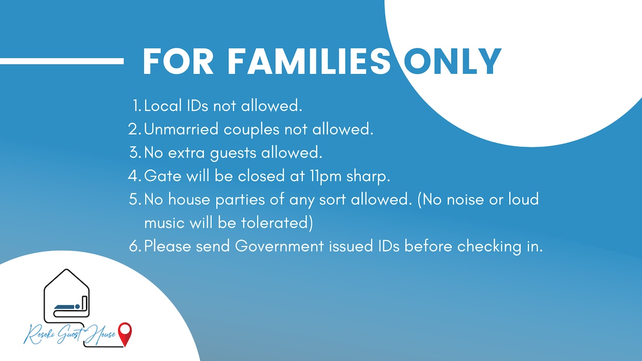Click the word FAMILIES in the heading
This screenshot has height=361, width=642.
(x=308, y=62)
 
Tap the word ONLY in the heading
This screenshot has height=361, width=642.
(x=453, y=62)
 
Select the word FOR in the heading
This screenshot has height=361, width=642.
(x=178, y=62)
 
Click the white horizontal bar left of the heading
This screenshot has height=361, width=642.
(x=62, y=61)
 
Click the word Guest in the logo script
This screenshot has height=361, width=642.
(x=70, y=335)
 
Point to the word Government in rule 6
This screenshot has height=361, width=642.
(x=279, y=246)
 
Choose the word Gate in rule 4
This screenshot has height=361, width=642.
(x=163, y=175)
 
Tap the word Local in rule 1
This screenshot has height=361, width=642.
(x=163, y=105)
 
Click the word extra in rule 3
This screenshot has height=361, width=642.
(x=186, y=153)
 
